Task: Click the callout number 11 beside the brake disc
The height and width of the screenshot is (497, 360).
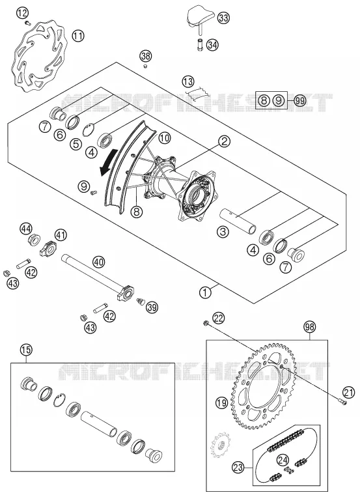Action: click(78, 35)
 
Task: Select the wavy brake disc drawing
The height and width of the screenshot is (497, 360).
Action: click(38, 57)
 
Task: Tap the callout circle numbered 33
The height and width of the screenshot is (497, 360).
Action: click(223, 18)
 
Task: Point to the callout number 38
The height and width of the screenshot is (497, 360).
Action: click(146, 57)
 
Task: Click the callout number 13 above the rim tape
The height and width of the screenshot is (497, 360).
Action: click(188, 82)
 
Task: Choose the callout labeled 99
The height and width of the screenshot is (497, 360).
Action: click(299, 101)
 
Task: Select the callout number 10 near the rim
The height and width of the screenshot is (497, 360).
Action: click(165, 137)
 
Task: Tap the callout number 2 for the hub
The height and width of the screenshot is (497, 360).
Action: click(224, 141)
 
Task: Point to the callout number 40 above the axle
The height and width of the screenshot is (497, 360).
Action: click(98, 262)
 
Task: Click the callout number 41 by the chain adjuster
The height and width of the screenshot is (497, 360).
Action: click(61, 235)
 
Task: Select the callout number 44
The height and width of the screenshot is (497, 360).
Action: click(26, 228)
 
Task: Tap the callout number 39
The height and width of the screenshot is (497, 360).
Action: click(152, 307)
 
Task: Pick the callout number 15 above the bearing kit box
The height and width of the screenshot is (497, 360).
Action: click(26, 350)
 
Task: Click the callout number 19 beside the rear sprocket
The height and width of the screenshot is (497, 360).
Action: click(221, 403)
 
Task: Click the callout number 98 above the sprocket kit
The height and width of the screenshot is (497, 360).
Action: click(310, 327)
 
